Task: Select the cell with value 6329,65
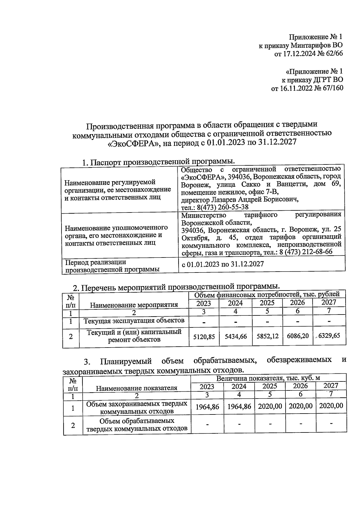[x=329, y=336]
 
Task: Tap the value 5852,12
[x=267, y=336]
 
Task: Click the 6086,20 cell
[x=298, y=336]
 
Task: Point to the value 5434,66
[x=235, y=337]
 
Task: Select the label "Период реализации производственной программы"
[x=112, y=266]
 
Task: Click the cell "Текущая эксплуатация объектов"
[x=134, y=321]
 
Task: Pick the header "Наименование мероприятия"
[x=134, y=305]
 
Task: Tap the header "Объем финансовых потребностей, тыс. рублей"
[x=267, y=294]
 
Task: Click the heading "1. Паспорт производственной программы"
[x=158, y=162]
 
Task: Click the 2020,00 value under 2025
[x=270, y=406]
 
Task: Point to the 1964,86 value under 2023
[x=207, y=407]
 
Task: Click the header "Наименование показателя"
[x=136, y=388]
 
